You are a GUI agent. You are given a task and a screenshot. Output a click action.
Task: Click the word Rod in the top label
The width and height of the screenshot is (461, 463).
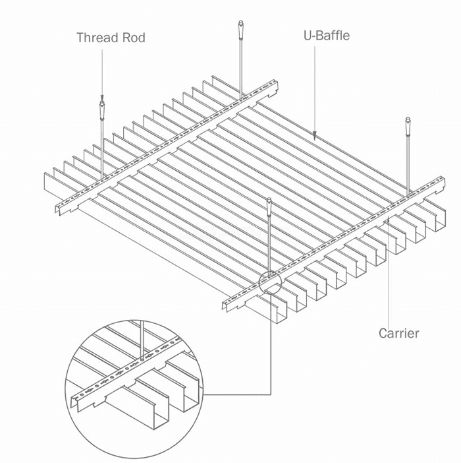[132, 37]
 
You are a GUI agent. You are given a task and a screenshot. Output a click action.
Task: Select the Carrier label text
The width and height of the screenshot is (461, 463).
[398, 333]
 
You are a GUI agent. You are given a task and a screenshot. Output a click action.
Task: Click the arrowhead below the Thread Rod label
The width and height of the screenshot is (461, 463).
[102, 96]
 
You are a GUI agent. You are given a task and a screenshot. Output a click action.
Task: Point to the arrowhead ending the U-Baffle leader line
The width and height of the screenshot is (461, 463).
[315, 136]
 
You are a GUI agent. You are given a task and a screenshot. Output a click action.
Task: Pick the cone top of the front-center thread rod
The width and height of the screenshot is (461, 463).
[270, 204]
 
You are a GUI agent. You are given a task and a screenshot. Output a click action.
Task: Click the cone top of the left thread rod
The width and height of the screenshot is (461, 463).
[102, 106]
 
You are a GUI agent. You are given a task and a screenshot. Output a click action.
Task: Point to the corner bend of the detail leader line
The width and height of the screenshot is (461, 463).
[270, 395]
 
